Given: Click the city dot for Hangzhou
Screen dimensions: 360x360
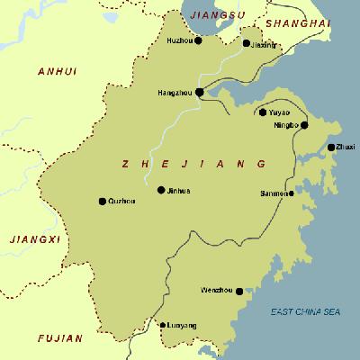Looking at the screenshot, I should [200, 92].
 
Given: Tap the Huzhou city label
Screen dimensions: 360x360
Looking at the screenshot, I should [180, 40].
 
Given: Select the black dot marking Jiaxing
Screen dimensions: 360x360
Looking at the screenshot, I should [247, 42].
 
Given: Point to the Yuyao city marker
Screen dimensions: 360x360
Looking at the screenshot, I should [263, 112].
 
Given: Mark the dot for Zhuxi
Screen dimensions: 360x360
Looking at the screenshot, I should [331, 147].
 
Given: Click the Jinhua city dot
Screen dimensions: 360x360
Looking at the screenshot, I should [161, 190].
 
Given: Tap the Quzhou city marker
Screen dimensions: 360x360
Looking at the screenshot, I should [102, 201].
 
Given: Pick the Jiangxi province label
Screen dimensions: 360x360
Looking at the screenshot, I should [32, 238].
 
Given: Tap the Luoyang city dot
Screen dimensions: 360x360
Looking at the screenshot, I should [162, 324].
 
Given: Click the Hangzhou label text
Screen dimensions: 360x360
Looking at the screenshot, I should [175, 92].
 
